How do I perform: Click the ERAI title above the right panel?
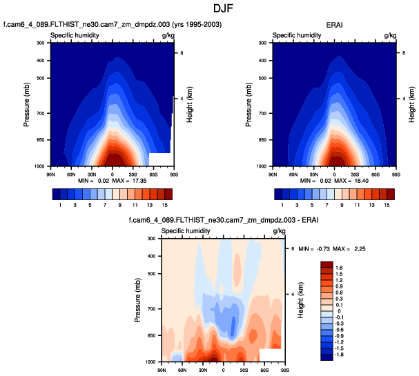[x=334, y=26]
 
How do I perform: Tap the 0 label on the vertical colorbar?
[x=338, y=311]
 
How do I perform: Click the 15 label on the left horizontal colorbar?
[x=166, y=206]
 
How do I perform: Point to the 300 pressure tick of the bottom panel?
[x=150, y=239]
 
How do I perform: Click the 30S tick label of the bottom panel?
[x=244, y=368]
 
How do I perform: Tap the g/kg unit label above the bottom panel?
[x=279, y=230]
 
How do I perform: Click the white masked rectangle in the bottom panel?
[x=271, y=355]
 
